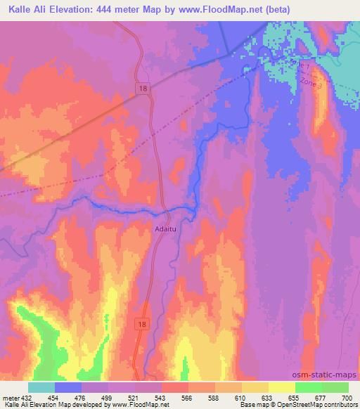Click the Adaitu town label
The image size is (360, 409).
coord(165,228)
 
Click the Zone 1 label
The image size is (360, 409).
coord(298,64)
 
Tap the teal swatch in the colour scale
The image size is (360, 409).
coord(41,387)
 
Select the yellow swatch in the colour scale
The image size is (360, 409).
coord(281,387)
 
